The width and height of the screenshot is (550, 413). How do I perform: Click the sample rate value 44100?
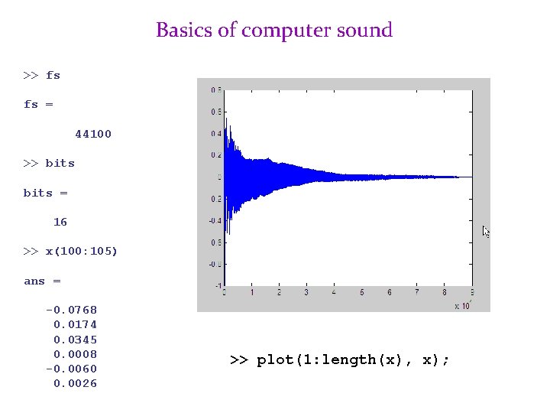[92, 134]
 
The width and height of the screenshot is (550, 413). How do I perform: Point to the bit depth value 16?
[60, 222]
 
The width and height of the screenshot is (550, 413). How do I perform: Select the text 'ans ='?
[42, 281]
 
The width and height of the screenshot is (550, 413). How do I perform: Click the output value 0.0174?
[75, 324]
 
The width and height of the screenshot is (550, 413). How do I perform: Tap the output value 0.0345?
[75, 339]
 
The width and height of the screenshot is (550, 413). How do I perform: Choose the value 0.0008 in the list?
[75, 354]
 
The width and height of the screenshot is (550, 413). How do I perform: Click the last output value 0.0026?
[75, 383]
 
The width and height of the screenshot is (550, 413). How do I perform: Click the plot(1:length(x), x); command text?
[340, 359]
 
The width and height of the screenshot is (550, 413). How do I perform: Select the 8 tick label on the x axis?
[445, 292]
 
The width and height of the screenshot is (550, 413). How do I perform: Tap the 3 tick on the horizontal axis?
[306, 292]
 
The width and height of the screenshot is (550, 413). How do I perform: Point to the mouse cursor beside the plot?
[486, 231]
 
